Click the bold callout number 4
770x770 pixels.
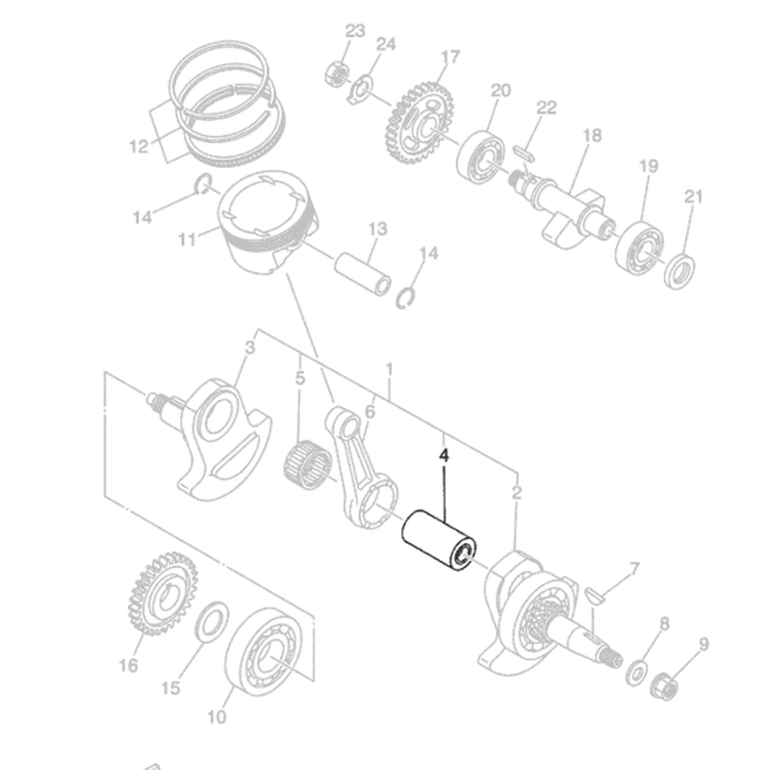[x=444, y=455]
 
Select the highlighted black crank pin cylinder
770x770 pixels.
[x=440, y=540]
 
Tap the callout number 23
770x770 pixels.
[x=355, y=31]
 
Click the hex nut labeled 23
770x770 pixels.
[x=336, y=74]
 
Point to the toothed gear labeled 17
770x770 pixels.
[x=419, y=123]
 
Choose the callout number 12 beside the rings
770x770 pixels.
[x=139, y=146]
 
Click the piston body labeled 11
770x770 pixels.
[x=267, y=222]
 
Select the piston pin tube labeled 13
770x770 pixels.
[x=363, y=273]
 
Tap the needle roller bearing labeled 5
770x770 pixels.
[x=308, y=465]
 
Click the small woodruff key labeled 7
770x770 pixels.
[x=596, y=595]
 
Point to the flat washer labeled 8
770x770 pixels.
[x=636, y=673]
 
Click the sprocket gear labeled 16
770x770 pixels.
[x=163, y=594]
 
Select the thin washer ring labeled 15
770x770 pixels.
[x=212, y=622]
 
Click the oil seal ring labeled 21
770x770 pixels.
[x=680, y=271]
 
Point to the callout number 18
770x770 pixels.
[x=592, y=135]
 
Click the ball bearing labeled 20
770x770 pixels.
[x=480, y=157]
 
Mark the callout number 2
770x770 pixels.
[x=516, y=492]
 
